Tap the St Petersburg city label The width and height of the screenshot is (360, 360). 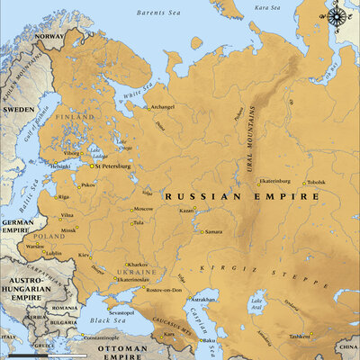click(112, 166)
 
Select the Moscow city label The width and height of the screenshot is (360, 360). click(143, 210)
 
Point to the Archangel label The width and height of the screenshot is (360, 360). click(162, 108)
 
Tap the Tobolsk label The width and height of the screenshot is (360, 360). click(316, 183)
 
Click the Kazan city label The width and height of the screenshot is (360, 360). click(186, 211)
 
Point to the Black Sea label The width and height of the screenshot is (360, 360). click(111, 319)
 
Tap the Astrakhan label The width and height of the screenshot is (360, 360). click(205, 299)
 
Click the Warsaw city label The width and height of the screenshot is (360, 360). click(35, 246)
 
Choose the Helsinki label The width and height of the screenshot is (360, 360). click(60, 166)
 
